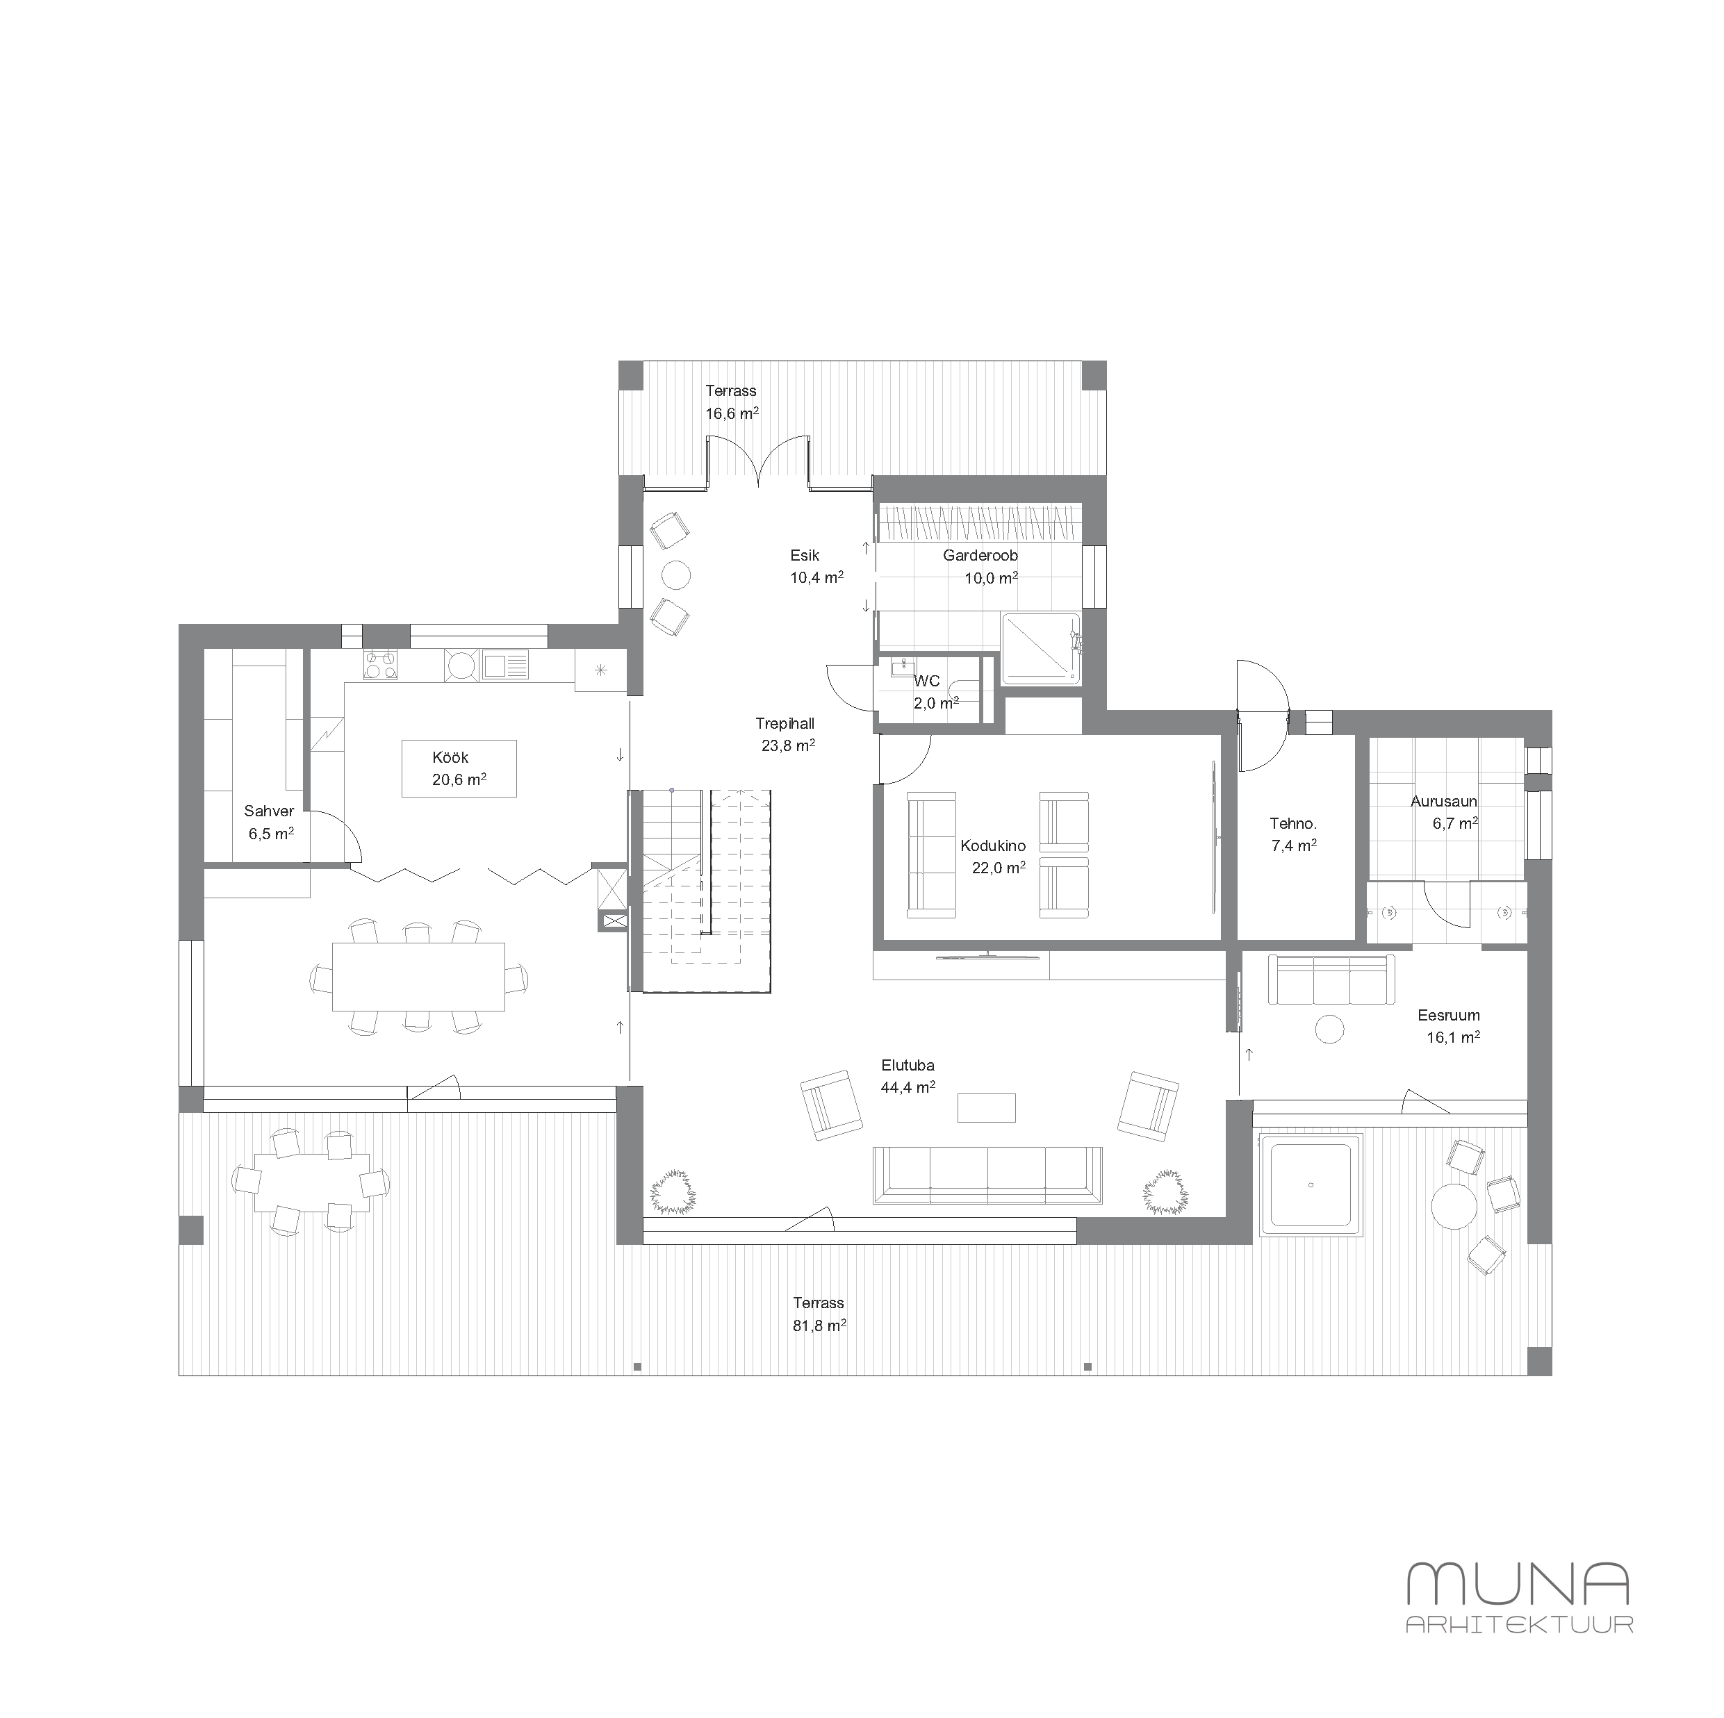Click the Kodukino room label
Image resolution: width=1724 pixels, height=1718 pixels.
tap(992, 845)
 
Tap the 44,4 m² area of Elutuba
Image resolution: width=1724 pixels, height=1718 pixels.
tap(908, 1087)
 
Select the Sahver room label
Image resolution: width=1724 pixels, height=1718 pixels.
tap(269, 811)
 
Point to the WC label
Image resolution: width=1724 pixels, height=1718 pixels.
tap(927, 682)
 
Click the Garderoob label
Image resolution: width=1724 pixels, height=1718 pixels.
tap(980, 556)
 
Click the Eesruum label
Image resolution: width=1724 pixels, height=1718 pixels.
tap(1448, 1015)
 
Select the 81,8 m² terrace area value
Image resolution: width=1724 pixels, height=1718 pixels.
tap(819, 1325)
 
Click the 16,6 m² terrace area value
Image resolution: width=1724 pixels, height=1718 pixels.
tap(732, 413)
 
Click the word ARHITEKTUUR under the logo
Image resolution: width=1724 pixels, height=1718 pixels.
tap(1519, 1624)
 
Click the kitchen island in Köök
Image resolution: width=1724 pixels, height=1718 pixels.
tap(459, 768)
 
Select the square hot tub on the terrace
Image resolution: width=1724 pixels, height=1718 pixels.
tap(1310, 1184)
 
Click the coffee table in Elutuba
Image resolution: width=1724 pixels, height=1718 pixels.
tap(986, 1108)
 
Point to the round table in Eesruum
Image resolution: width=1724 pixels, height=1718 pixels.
tap(1329, 1028)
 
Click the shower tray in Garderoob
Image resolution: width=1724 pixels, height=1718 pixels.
tap(1040, 650)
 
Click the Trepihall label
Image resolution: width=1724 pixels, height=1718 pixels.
tap(785, 723)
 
